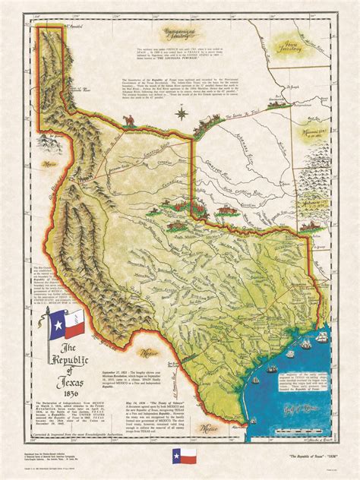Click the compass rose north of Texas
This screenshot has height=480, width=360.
[x=182, y=115]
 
